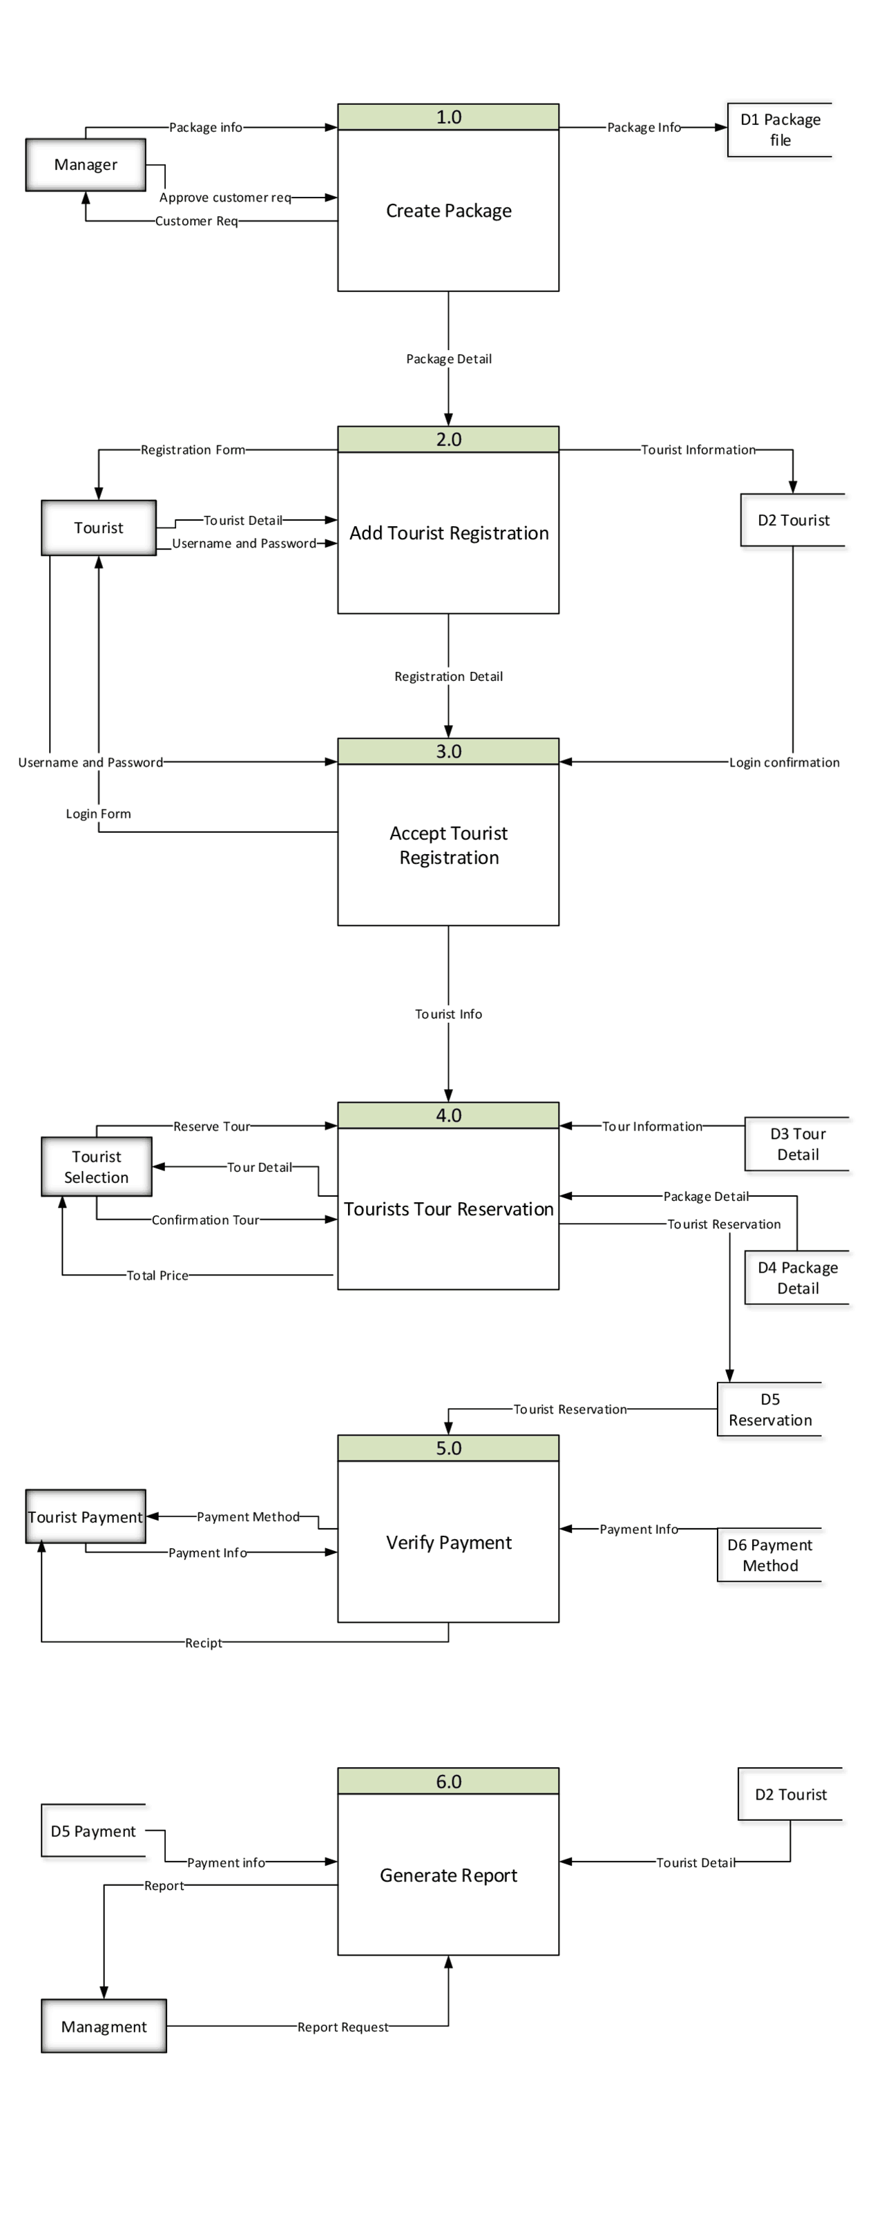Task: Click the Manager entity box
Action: (x=85, y=165)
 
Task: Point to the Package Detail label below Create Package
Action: (x=448, y=359)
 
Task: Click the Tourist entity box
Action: (x=98, y=528)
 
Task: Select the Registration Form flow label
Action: (x=193, y=450)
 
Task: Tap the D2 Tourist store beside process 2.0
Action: (x=792, y=520)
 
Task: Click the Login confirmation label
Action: (x=783, y=762)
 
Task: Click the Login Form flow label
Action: (x=98, y=814)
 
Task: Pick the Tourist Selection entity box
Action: (x=97, y=1166)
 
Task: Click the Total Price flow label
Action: (x=157, y=1275)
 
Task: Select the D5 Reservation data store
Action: (x=769, y=1409)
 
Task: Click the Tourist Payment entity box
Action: (x=85, y=1517)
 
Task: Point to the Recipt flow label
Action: (x=203, y=1643)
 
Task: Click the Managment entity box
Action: (x=104, y=2027)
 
